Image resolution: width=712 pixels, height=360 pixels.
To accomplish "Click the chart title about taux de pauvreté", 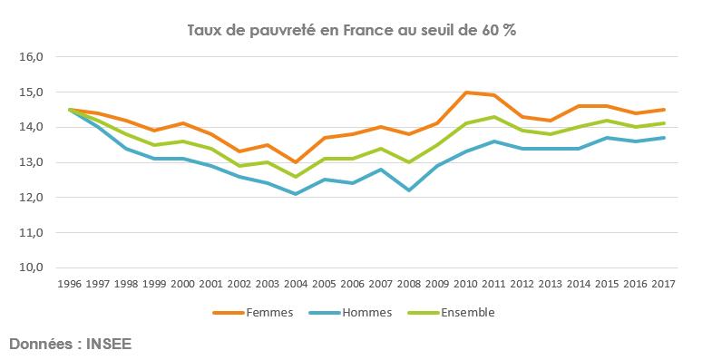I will tap(351, 30).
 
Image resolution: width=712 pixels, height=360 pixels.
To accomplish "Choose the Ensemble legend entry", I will tap(467, 313).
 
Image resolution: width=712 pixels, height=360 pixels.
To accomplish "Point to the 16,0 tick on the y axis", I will tap(31, 56).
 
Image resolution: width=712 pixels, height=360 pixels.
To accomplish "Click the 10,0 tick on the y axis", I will tap(31, 268).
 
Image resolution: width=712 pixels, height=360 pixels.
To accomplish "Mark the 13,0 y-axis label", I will tap(31, 162).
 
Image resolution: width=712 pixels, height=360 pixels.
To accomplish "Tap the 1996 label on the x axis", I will tap(69, 284).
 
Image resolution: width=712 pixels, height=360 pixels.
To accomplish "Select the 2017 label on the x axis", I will tap(663, 284).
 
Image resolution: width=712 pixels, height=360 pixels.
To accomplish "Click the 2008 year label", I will tap(408, 284).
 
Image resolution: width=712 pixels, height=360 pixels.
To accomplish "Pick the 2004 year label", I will tap(295, 284).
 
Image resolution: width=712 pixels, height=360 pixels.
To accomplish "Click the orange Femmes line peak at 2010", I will tap(465, 92).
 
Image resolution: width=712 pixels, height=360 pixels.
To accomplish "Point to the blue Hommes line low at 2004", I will tap(295, 193).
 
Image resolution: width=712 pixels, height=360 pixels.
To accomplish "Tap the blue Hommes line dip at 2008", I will tap(408, 190).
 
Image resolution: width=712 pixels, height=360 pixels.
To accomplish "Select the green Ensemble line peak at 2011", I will tap(493, 117).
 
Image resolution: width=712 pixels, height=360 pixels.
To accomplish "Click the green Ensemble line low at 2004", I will tap(295, 176).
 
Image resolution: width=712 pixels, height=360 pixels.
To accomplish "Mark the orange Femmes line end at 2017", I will tap(663, 110).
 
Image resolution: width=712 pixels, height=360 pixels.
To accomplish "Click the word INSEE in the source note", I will tap(113, 345).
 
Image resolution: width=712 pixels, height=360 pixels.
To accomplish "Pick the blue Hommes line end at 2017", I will tap(663, 138).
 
